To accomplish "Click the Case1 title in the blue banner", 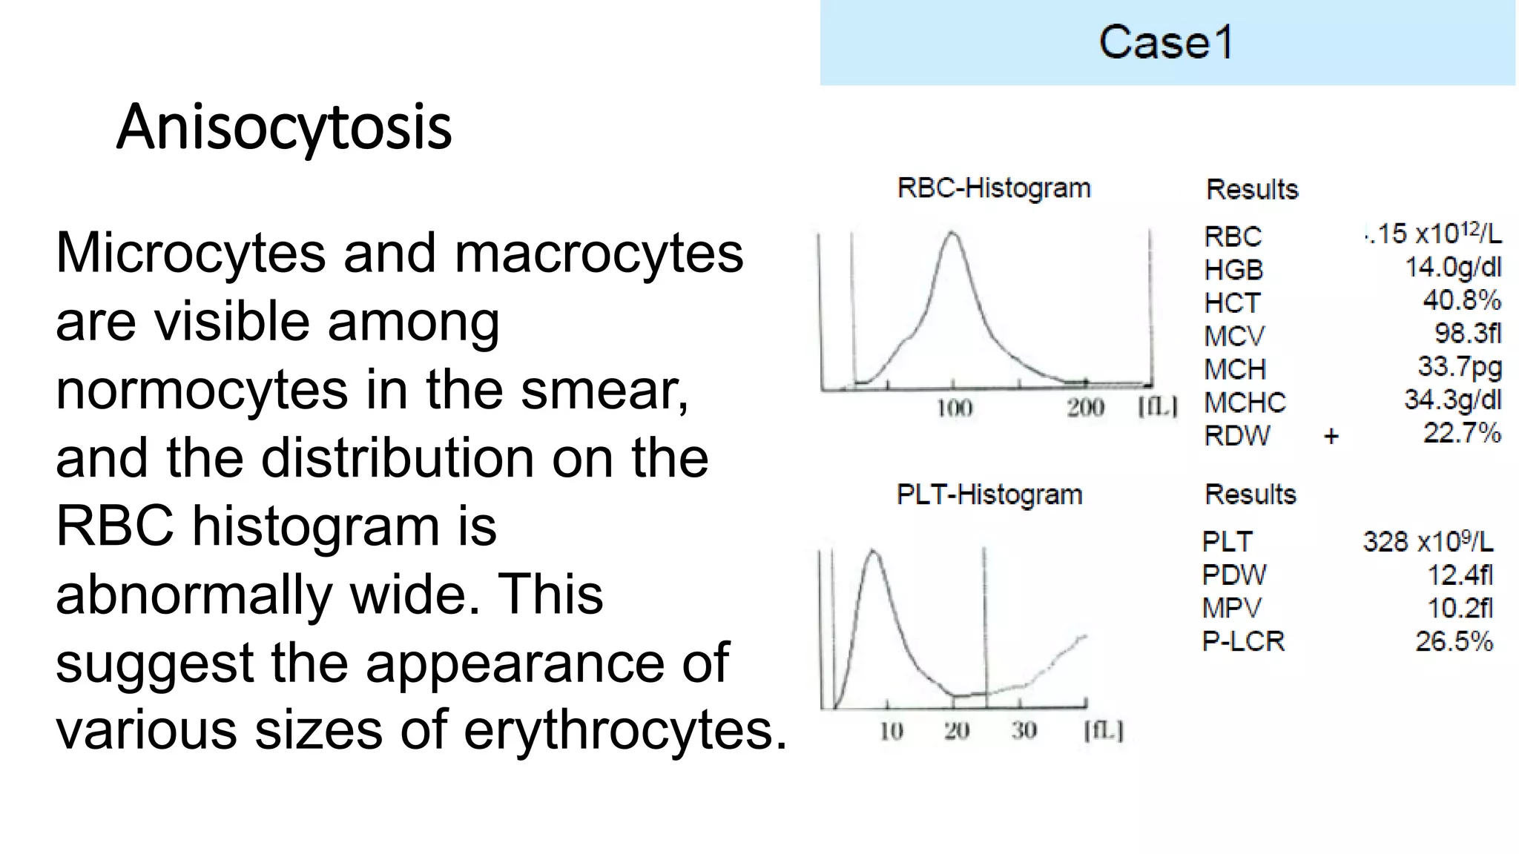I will point(1166,42).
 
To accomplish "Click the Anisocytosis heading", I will point(284,128).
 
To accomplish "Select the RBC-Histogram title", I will point(994,188).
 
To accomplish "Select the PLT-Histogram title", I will point(989,494).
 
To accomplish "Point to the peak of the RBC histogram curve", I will point(952,234).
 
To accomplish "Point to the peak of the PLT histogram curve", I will point(873,552).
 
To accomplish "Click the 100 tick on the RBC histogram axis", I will point(954,408).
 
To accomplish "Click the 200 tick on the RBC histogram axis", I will point(1085,408).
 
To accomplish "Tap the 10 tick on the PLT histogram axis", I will point(891,731).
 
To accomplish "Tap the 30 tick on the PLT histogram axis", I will point(1024,731).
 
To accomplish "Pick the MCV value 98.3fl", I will point(1467,334).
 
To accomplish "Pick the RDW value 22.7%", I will point(1461,433).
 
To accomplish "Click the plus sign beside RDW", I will point(1331,436).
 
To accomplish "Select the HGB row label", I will point(1233,270).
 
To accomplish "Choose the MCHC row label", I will point(1245,403).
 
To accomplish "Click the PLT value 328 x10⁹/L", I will point(1428,542).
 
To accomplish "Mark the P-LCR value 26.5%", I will point(1454,641).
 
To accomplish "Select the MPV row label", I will point(1231,609).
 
